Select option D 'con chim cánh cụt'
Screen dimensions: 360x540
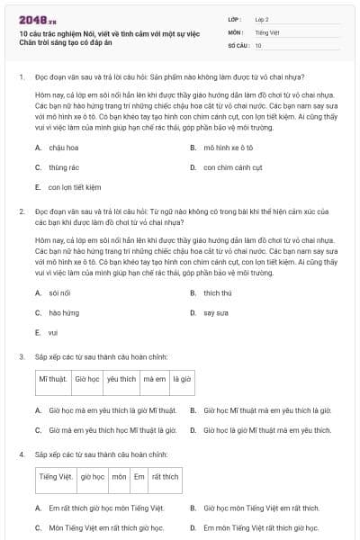click(232, 166)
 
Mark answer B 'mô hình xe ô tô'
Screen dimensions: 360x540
click(233, 145)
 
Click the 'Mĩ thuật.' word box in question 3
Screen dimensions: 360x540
click(52, 380)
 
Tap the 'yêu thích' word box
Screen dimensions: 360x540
click(121, 380)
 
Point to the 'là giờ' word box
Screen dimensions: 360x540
click(182, 380)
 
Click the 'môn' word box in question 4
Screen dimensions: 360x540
click(119, 476)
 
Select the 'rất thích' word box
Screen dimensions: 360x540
click(165, 476)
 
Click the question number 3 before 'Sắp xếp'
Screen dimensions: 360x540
click(21, 356)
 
